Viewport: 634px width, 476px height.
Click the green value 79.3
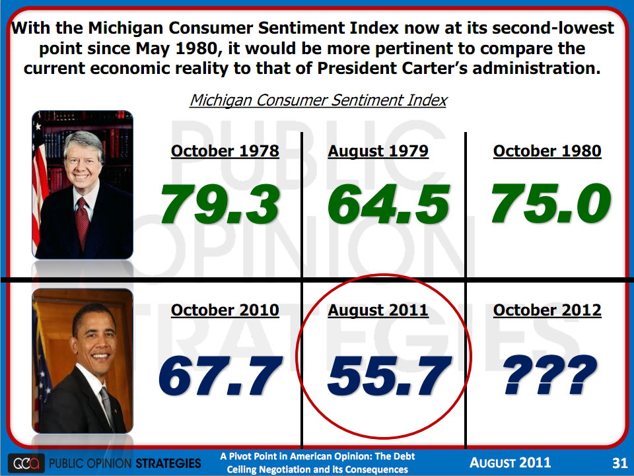coord(221,204)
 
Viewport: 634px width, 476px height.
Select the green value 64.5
coord(388,204)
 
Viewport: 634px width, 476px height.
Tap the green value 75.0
coord(550,204)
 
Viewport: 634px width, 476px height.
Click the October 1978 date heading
coord(225,151)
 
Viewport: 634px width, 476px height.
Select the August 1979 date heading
coord(378,151)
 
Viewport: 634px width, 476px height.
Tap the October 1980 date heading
coord(547,151)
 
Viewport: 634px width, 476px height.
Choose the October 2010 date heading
coord(225,310)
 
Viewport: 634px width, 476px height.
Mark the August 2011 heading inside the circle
coord(378,310)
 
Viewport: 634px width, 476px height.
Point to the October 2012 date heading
coord(547,310)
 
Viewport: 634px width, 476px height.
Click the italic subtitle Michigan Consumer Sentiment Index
coord(318,100)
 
